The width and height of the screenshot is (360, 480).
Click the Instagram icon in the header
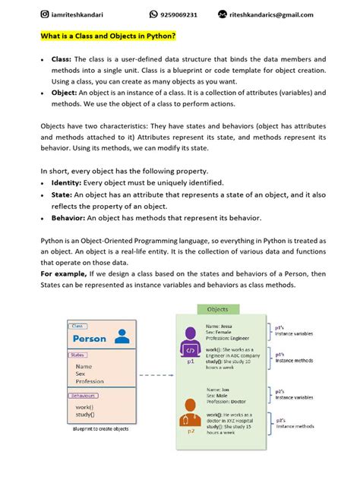(45, 14)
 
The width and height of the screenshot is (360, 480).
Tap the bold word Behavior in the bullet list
(69, 218)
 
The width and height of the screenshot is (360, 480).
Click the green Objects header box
(217, 309)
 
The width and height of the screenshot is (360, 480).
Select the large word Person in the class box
(90, 338)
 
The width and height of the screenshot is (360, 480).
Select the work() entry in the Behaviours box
(85, 406)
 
